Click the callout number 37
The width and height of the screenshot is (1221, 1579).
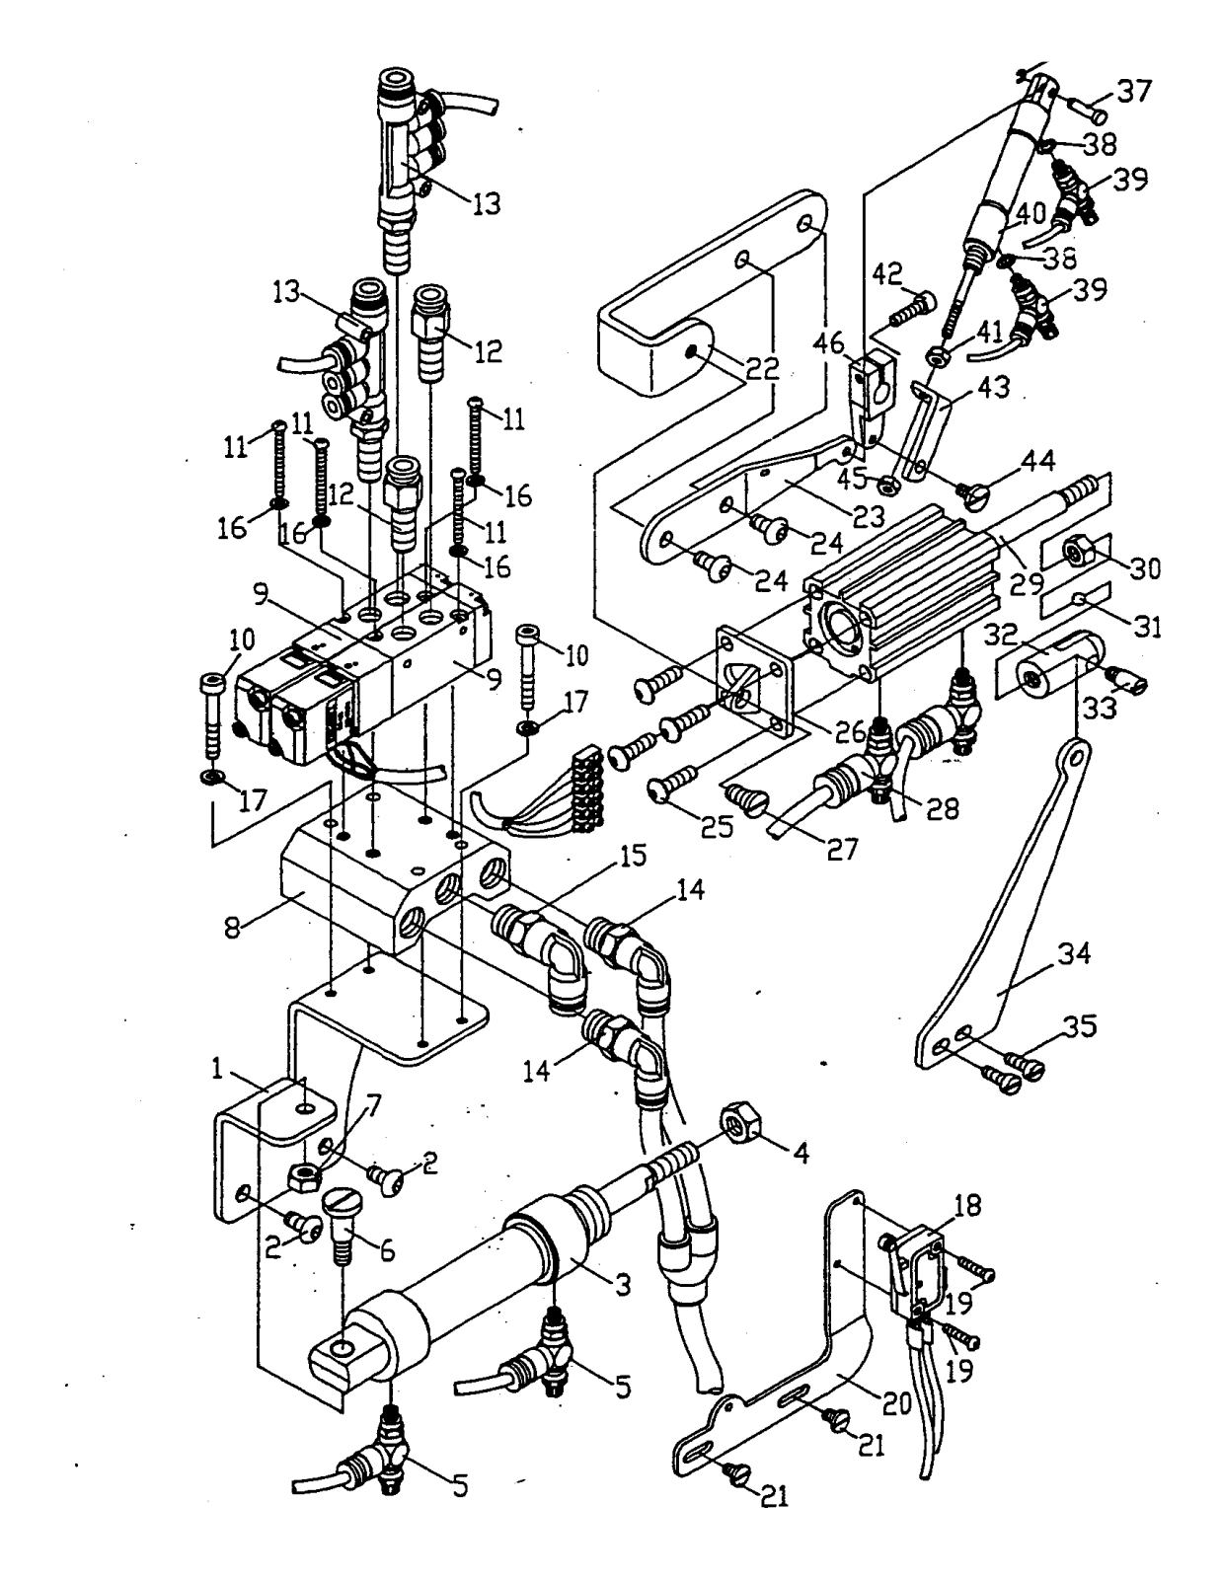point(1135,92)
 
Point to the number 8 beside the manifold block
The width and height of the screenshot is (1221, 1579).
point(232,928)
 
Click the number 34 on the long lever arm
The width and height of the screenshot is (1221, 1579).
point(1074,953)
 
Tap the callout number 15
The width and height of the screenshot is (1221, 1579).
point(632,856)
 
